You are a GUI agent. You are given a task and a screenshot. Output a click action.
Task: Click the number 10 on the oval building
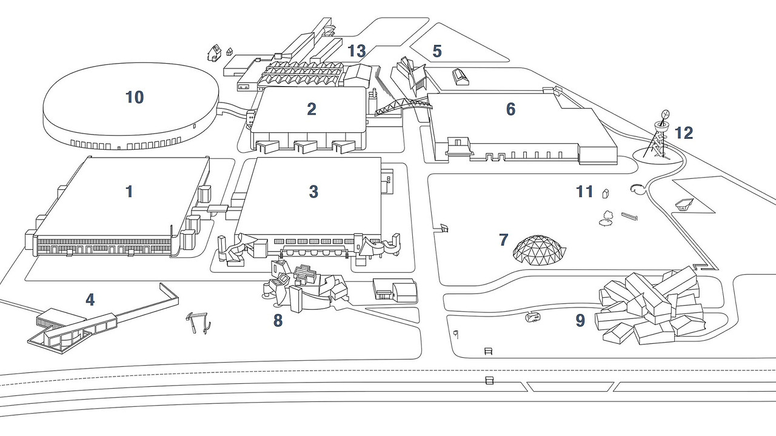coord(135,97)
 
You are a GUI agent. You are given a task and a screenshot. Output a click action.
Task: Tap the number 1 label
coord(129,192)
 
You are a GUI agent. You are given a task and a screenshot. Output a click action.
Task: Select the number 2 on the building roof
coord(312,109)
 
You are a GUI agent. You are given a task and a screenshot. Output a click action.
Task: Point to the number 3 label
coord(313,192)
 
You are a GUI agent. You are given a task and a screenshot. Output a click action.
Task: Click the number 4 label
coord(90,300)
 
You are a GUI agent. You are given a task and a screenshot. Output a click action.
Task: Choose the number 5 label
coord(437,52)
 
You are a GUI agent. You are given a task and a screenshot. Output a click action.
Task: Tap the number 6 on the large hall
coord(510,109)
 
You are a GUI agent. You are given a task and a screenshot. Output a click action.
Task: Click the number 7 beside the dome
coord(503,240)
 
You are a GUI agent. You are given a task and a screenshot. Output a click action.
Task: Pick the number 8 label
coord(278,321)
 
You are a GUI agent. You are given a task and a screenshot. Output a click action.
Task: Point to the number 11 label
coord(584,192)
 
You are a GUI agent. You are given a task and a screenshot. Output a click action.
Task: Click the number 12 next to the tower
coord(684,133)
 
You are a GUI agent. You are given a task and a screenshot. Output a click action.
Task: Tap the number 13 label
coord(356,52)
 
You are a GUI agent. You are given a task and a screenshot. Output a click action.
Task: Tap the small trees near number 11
coord(607,217)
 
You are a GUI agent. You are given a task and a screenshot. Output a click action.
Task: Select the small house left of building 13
coord(214,53)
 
